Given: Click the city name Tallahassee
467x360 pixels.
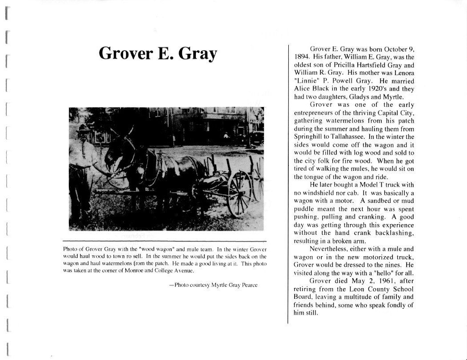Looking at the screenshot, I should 354,136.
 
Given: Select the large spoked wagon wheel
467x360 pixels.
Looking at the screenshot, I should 239,193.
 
